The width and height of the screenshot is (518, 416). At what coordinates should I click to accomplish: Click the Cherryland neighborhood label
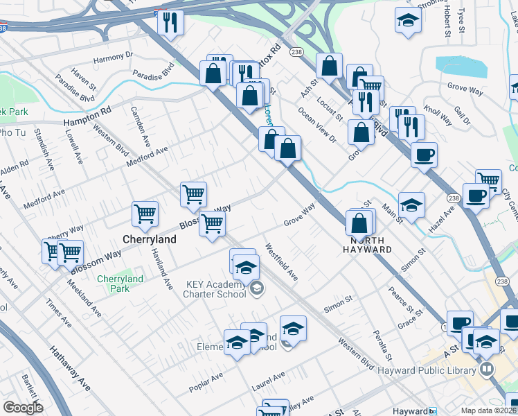pyautogui.click(x=149, y=239)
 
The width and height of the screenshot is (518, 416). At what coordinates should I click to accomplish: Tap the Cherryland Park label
pyautogui.click(x=120, y=284)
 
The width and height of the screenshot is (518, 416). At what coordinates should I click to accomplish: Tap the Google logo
pyautogui.click(x=23, y=408)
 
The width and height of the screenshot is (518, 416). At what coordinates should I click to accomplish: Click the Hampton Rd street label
pyautogui.click(x=87, y=116)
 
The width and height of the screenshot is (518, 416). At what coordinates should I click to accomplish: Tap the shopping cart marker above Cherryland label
pyautogui.click(x=145, y=214)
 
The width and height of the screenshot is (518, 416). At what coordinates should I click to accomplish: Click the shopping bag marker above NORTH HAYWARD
pyautogui.click(x=359, y=223)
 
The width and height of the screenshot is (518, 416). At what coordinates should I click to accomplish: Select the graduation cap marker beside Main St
pyautogui.click(x=411, y=205)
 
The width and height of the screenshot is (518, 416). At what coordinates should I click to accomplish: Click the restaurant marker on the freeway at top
pyautogui.click(x=170, y=21)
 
